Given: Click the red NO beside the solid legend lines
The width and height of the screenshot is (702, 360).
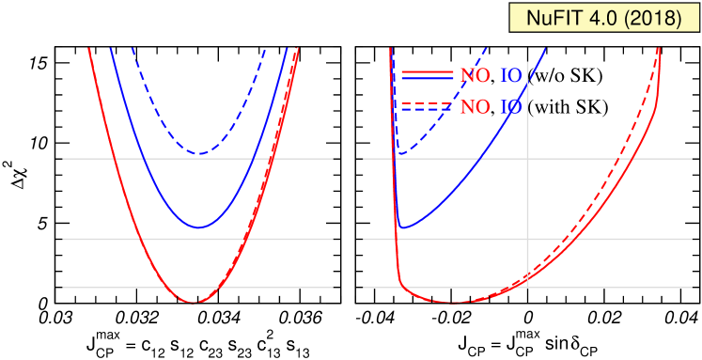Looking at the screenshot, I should point(475,76).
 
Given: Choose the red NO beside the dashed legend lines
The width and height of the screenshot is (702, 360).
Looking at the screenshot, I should point(475,107).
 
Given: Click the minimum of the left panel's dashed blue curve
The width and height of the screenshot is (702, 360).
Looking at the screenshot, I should point(198,153).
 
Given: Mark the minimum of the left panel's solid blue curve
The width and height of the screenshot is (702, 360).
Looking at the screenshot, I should point(198,227).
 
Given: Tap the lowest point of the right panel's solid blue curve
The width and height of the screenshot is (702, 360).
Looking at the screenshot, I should point(402,227).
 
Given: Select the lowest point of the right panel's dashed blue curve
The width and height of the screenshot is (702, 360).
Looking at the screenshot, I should point(399,153).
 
